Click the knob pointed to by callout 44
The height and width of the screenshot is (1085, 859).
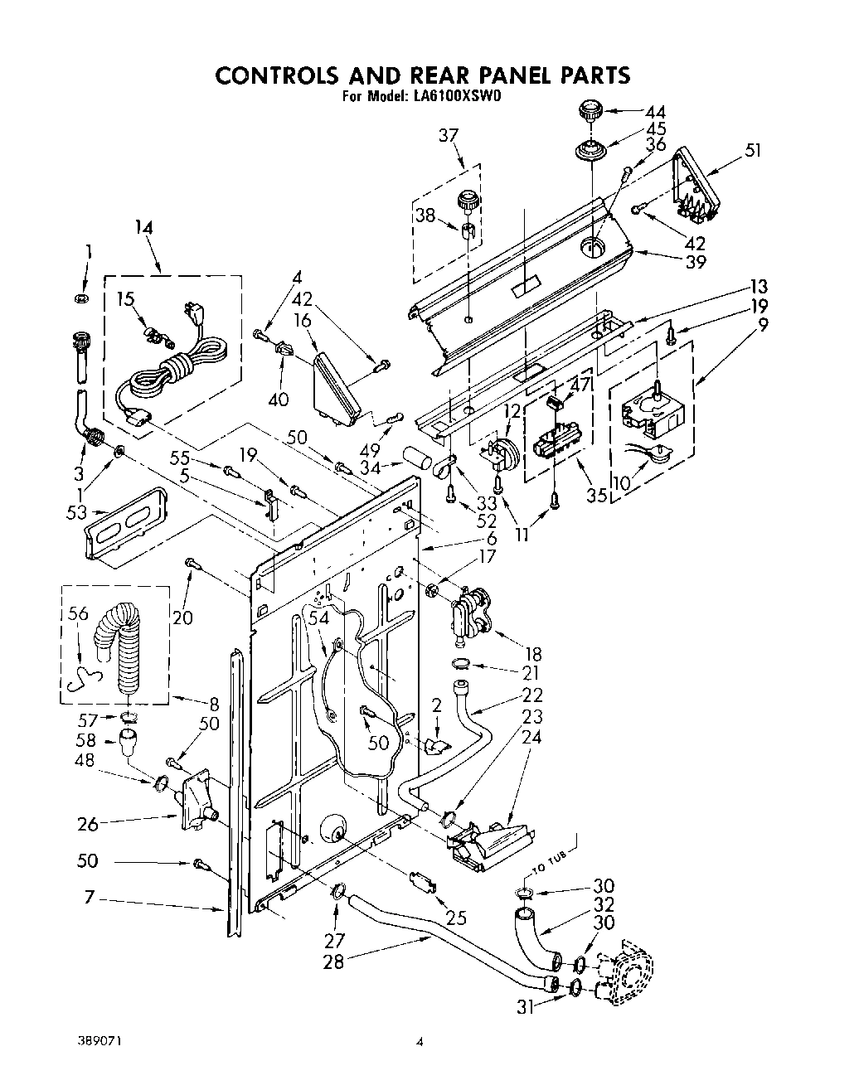click(590, 110)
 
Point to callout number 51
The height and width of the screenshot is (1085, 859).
click(753, 151)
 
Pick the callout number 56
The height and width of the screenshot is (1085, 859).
click(78, 613)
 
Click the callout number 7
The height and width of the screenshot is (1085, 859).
click(90, 899)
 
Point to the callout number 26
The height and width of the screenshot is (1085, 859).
click(88, 824)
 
